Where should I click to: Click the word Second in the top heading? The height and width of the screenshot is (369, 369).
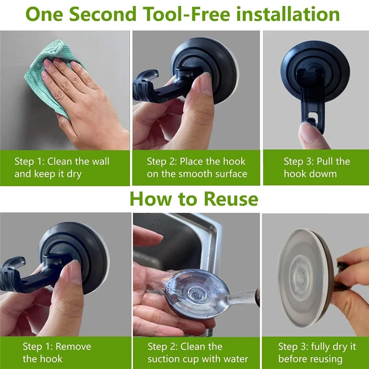pos(102,14)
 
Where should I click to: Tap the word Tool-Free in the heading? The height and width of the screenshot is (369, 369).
pos(186,14)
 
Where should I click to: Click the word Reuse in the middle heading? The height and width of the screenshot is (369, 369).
pos(231,199)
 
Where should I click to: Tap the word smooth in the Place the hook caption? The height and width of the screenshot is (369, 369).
pos(195,174)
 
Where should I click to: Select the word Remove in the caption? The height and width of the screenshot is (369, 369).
pos(73,347)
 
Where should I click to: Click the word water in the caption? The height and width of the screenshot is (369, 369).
pos(236,359)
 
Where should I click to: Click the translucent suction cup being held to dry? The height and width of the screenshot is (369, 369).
pos(305,278)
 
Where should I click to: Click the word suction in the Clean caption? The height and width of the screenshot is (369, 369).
pos(164,359)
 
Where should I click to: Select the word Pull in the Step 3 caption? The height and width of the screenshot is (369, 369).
pos(325,161)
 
